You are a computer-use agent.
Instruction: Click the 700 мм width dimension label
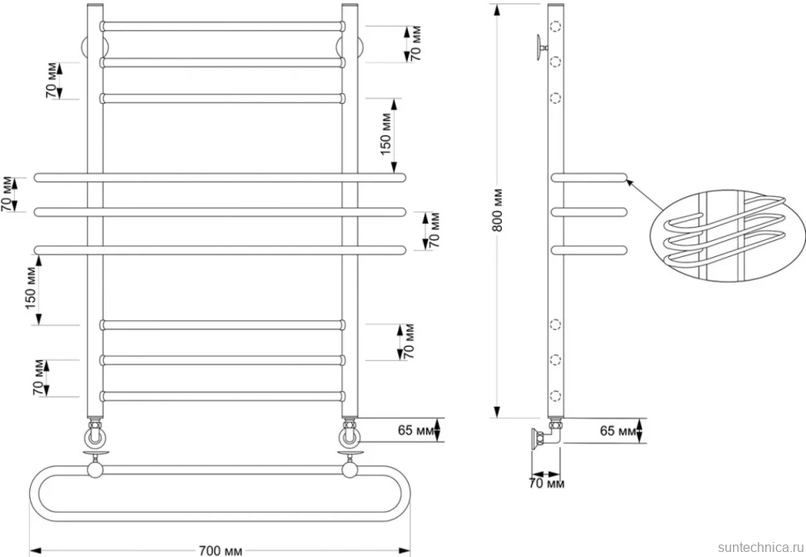(220, 550)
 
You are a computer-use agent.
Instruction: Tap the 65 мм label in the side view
(618, 431)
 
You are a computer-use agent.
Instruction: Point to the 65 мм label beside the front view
(415, 430)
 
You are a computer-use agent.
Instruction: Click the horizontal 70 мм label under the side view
(547, 484)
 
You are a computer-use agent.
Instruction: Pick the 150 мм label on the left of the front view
(31, 288)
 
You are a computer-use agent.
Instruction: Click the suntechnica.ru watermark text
(760, 547)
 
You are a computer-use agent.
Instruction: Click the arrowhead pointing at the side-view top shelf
(630, 181)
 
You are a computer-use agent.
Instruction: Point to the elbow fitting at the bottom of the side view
(547, 436)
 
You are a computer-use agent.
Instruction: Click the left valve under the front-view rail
(95, 434)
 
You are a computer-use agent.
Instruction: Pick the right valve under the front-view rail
(349, 434)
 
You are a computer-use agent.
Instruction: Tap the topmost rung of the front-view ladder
(223, 27)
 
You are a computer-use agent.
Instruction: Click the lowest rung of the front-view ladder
(223, 397)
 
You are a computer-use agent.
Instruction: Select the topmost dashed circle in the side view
(555, 25)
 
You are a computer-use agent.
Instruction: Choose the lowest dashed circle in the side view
(555, 396)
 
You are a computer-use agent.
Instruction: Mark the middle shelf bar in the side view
(589, 212)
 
